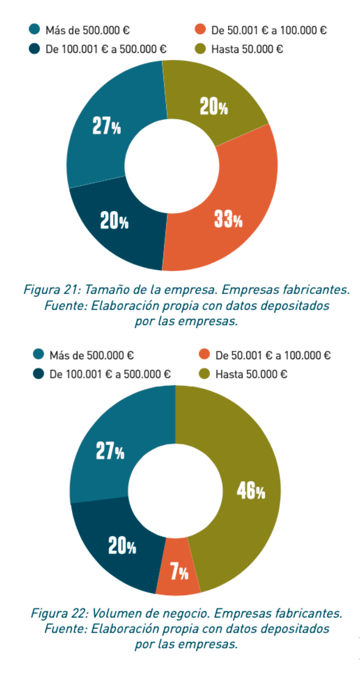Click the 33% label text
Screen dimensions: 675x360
[x=228, y=219]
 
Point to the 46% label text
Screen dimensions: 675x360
[x=251, y=491]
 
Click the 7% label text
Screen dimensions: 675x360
[x=179, y=571]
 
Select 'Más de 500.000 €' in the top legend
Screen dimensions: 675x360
[x=87, y=30]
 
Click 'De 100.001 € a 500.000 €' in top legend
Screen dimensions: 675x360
[x=106, y=49]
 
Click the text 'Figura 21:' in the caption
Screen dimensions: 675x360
[x=47, y=290]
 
